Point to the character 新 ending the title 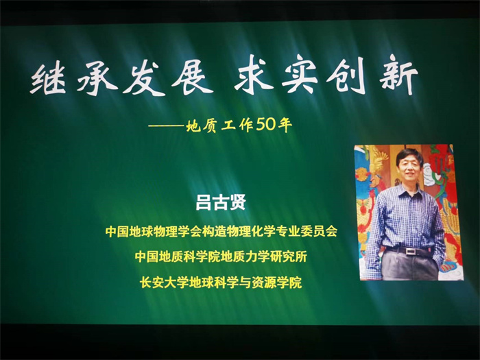tap(398, 77)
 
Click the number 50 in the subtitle tap(265, 125)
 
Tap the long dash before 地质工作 tap(167, 125)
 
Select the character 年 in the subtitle tap(285, 125)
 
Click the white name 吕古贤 tap(221, 202)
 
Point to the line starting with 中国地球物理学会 tap(221, 232)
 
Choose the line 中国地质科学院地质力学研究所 tap(221, 256)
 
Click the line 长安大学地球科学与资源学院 tap(221, 282)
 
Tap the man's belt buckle tap(411, 252)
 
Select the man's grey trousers tap(410, 266)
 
